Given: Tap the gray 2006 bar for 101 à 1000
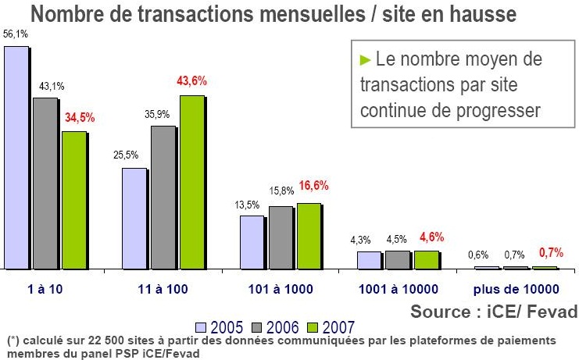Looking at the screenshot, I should [x=281, y=237].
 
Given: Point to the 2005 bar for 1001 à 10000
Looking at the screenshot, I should [x=368, y=260].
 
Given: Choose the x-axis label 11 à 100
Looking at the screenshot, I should [x=163, y=289].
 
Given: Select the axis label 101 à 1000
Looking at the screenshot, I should [x=281, y=289].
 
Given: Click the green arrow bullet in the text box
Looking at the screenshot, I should [x=364, y=60].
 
